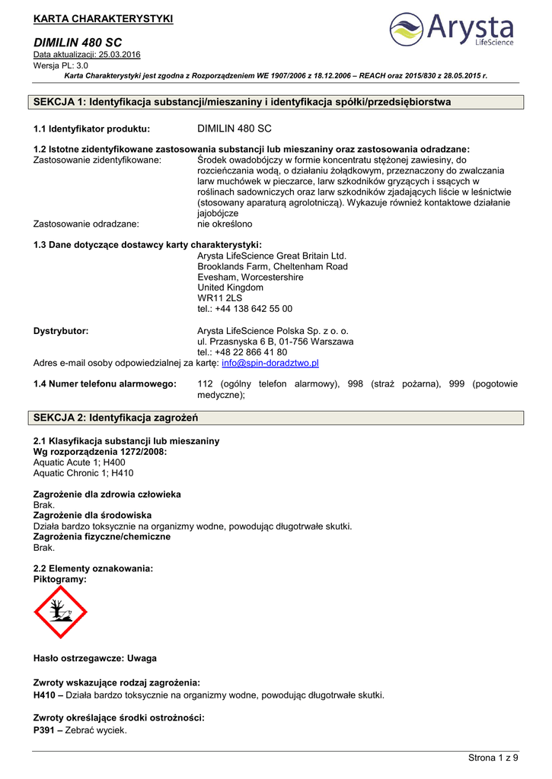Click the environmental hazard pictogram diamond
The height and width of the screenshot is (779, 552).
[x=61, y=612]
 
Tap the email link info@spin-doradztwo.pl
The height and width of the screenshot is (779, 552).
[x=270, y=364]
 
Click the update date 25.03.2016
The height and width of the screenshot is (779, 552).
[x=115, y=55]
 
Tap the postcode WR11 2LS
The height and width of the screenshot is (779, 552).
[x=219, y=298]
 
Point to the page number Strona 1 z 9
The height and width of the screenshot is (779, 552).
[x=493, y=757]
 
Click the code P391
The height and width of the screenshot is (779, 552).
[x=46, y=730]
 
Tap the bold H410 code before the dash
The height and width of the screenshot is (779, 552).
[x=46, y=695]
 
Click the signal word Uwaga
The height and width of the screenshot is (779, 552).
[x=142, y=658]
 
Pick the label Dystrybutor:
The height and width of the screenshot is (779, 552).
[x=61, y=331]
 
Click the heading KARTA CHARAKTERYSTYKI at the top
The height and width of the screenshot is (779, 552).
[x=104, y=18]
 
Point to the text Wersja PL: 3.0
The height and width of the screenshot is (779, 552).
[x=61, y=65]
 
